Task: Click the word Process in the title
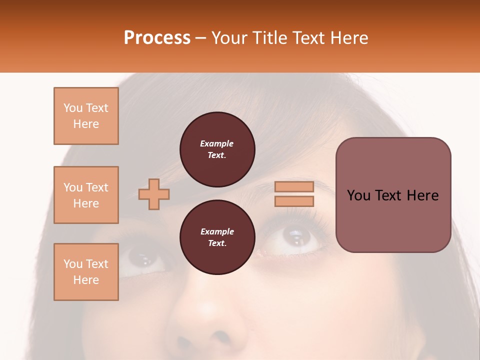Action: (157, 38)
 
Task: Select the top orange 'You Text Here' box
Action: (86, 116)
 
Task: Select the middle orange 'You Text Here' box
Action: (86, 195)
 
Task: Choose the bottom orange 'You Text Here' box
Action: (86, 272)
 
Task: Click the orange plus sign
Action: (154, 194)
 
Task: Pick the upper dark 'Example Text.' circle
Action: (217, 149)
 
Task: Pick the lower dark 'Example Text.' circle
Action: (217, 237)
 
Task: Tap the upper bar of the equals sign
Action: (294, 186)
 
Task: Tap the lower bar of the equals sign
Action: (294, 201)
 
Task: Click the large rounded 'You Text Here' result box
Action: (393, 195)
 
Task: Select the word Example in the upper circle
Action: (217, 143)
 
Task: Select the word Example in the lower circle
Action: (217, 231)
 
